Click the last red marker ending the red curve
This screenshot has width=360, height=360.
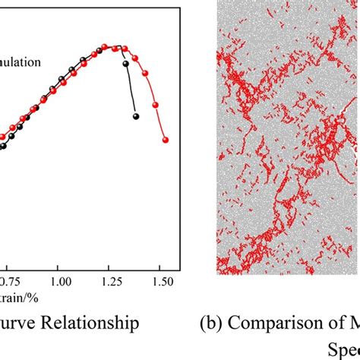165,140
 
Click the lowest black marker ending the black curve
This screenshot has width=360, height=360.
136,116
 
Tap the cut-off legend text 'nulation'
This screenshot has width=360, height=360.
21,63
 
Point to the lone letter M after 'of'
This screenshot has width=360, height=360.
351,324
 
